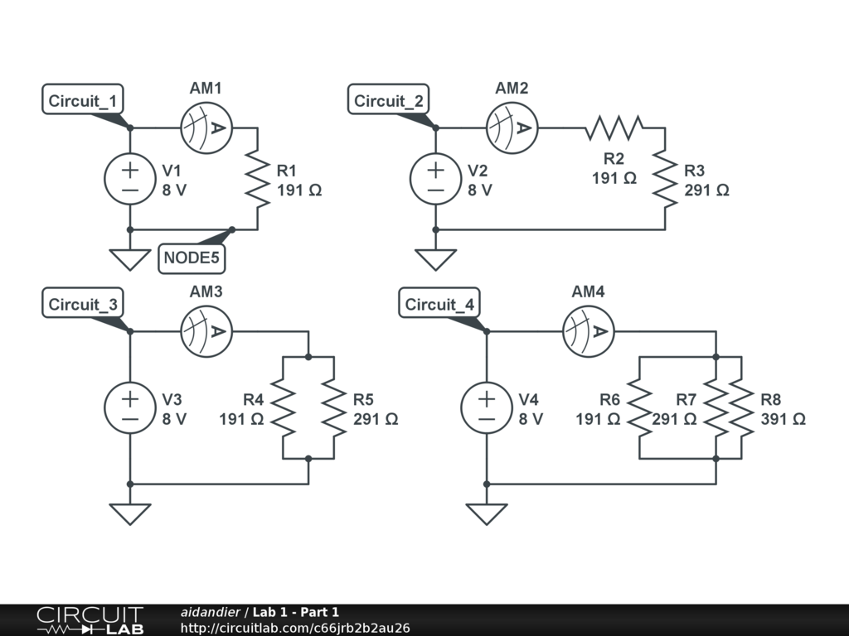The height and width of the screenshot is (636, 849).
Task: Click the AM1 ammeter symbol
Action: pyautogui.click(x=206, y=128)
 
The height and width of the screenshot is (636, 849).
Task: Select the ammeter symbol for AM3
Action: pyautogui.click(x=206, y=331)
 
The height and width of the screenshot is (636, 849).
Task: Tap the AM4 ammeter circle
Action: pyautogui.click(x=588, y=331)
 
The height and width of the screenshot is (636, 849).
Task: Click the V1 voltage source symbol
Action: pyautogui.click(x=130, y=179)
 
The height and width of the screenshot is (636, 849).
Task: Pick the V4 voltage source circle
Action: pyautogui.click(x=487, y=408)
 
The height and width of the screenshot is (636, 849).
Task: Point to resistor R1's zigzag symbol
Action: pyautogui.click(x=258, y=179)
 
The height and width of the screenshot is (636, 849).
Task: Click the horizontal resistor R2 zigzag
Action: pyautogui.click(x=614, y=128)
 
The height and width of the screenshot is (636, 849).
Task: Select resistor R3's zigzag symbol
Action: pyautogui.click(x=665, y=179)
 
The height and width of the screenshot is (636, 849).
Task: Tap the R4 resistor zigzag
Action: pyautogui.click(x=284, y=408)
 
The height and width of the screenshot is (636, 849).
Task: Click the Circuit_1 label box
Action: pyautogui.click(x=83, y=101)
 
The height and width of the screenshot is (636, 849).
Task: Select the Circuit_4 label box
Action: pyautogui.click(x=439, y=305)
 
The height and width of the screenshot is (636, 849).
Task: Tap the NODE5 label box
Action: pyautogui.click(x=192, y=258)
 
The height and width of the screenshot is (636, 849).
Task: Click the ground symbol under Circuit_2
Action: pyautogui.click(x=436, y=258)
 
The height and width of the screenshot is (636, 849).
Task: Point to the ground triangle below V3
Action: pyautogui.click(x=130, y=513)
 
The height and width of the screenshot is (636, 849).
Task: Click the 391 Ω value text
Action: pyautogui.click(x=783, y=419)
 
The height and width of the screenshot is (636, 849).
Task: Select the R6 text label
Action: pyautogui.click(x=610, y=400)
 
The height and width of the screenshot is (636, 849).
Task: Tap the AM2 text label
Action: pyautogui.click(x=512, y=88)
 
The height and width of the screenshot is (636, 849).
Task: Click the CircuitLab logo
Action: pyautogui.click(x=90, y=620)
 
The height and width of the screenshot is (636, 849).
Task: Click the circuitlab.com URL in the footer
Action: pyautogui.click(x=294, y=629)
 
